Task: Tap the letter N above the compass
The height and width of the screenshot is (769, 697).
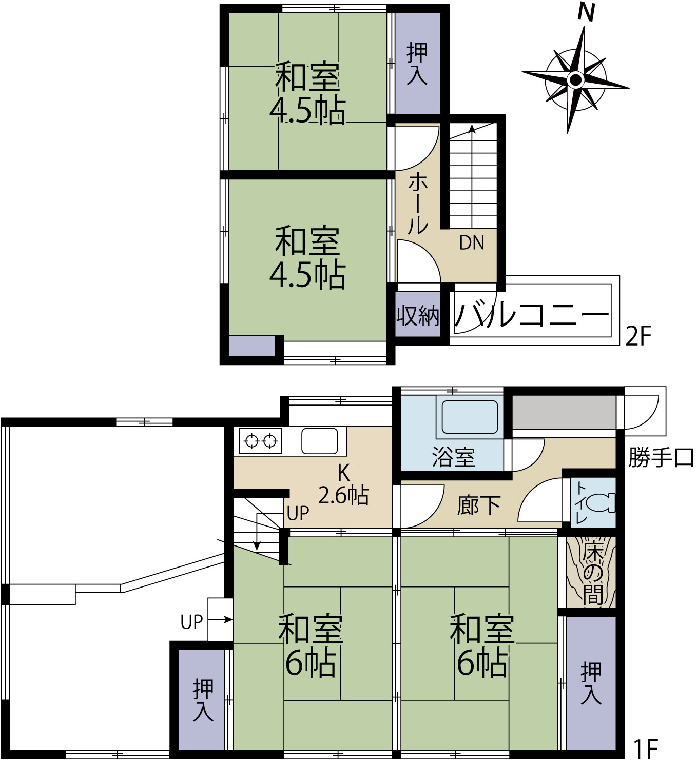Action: (586, 13)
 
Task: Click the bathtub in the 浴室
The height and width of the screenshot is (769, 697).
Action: (470, 417)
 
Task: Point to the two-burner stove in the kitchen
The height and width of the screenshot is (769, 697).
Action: (261, 441)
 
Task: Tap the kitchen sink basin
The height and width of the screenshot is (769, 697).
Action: (320, 441)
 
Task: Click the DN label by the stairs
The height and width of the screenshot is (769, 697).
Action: (472, 242)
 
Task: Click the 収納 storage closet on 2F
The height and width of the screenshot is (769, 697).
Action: (418, 314)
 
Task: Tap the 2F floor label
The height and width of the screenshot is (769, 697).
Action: (638, 335)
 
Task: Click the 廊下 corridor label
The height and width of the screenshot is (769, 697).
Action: (479, 505)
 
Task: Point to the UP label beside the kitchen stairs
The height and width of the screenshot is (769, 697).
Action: (298, 513)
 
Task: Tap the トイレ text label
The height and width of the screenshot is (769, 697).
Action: (580, 502)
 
